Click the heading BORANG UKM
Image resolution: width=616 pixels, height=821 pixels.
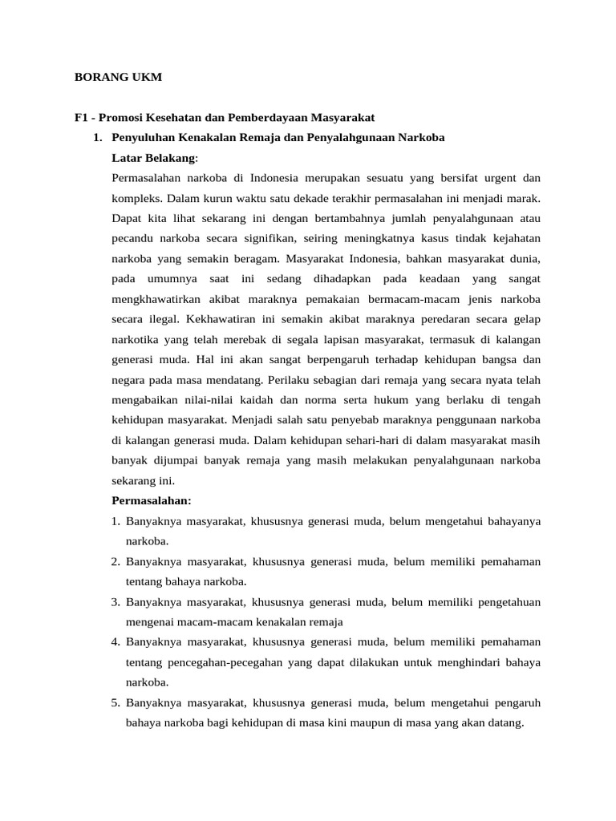coord(118,78)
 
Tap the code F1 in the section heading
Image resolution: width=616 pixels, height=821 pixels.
coord(81,117)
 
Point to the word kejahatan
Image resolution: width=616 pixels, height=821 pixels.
coord(511,237)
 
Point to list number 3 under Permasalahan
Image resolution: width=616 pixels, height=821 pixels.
coord(115,602)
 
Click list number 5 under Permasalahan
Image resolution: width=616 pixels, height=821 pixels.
coord(115,703)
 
